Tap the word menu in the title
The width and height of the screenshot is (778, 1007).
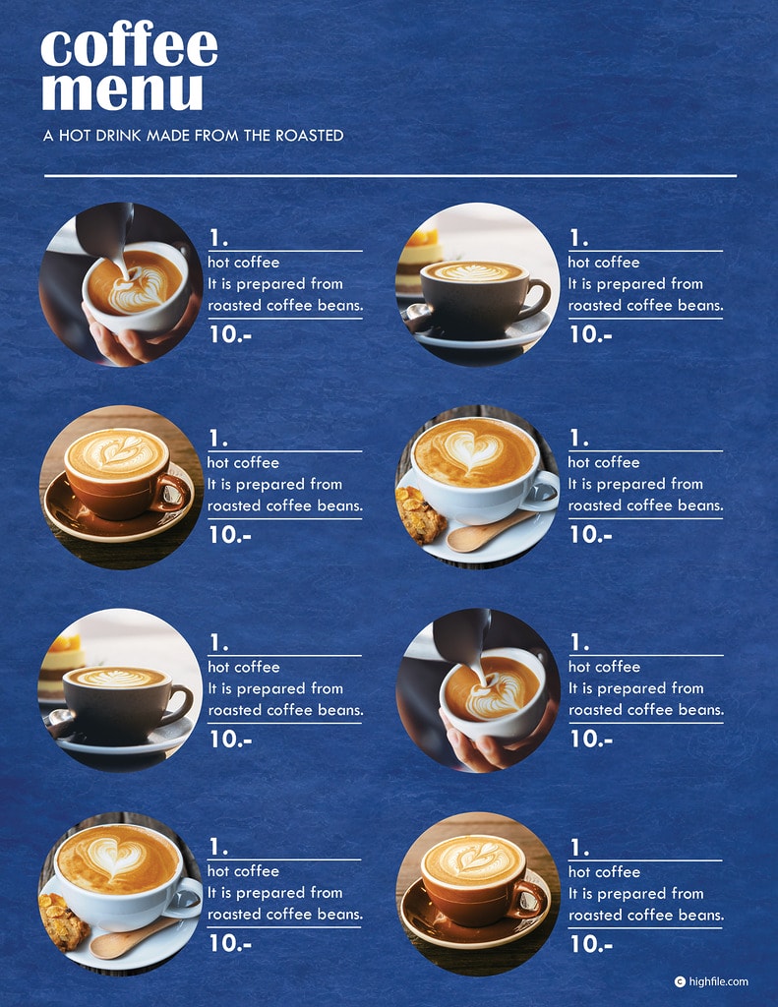pyautogui.click(x=122, y=90)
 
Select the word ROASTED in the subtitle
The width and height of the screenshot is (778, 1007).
pyautogui.click(x=310, y=136)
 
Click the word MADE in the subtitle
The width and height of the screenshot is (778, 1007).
pyautogui.click(x=168, y=136)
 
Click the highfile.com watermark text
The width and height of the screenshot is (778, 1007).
pyautogui.click(x=718, y=981)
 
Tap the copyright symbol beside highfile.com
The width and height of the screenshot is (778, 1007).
pyautogui.click(x=680, y=981)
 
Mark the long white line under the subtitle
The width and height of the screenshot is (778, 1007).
pyautogui.click(x=389, y=175)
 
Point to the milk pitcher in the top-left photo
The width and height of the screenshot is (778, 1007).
pyautogui.click(x=106, y=231)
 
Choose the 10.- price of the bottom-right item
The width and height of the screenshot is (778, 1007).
pyautogui.click(x=591, y=944)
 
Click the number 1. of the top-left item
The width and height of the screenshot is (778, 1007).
pyautogui.click(x=218, y=238)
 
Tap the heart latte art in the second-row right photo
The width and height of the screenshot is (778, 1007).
pyautogui.click(x=471, y=448)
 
